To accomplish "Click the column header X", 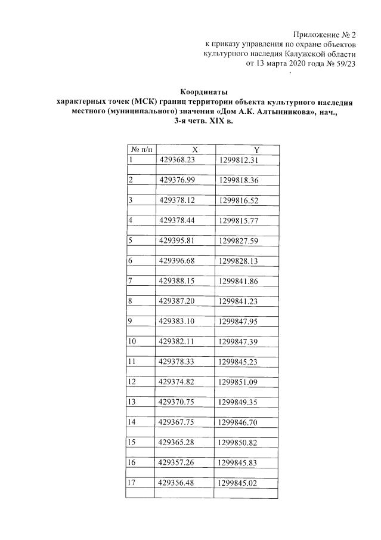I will point(185,150).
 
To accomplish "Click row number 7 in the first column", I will point(131,281).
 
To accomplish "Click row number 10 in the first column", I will point(132,341).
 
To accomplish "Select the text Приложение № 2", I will point(326,34).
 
